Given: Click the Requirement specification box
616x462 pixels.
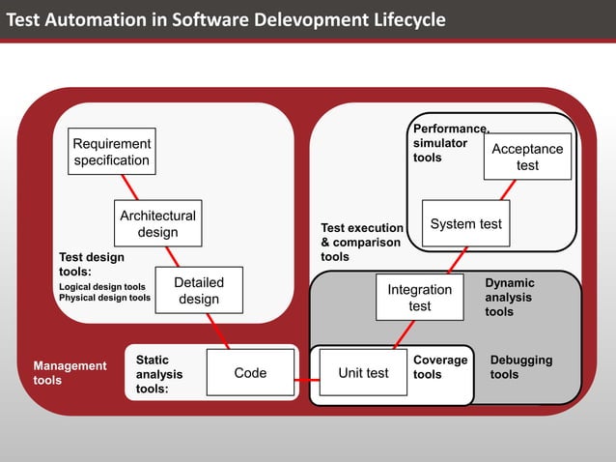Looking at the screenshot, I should [112, 152].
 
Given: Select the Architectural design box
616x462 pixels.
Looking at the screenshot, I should [157, 224].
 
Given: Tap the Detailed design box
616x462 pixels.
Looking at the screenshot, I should [199, 290].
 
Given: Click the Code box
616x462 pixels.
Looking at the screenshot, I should [250, 373].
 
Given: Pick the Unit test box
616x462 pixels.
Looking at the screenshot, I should [363, 373].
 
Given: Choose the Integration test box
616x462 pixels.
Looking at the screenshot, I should [419, 298].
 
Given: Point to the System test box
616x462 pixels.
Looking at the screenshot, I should [465, 224].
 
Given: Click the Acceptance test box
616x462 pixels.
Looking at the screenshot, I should [527, 157].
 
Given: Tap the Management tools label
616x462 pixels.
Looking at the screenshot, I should [70, 373].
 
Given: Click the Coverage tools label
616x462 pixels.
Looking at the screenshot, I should [440, 367].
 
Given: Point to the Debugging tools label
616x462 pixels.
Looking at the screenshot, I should [521, 367].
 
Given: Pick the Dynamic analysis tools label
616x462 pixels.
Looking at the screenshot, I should [510, 298].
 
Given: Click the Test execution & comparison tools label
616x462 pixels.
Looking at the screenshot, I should [361, 243].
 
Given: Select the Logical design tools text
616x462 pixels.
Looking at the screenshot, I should [102, 287].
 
